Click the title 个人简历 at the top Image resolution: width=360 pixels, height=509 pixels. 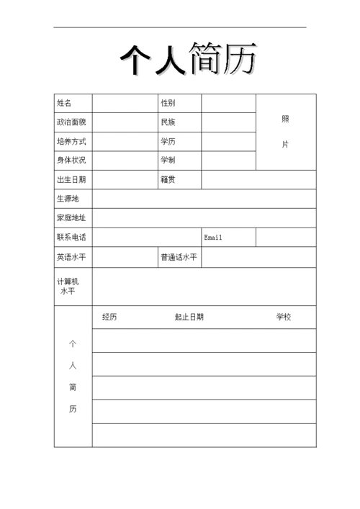[187, 59]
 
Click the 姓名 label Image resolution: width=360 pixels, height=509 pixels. [64, 104]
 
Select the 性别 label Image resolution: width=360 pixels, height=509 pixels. [168, 104]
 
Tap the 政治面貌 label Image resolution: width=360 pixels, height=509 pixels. [71, 122]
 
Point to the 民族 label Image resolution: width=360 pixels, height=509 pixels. [168, 122]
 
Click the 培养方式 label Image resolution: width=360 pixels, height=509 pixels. [71, 142]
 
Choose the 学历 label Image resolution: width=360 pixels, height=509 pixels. [168, 142]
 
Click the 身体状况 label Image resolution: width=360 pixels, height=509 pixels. [71, 161]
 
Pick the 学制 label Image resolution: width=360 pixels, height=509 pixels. [168, 161]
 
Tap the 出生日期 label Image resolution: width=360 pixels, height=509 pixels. [71, 180]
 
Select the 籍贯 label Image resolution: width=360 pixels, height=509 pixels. [168, 180]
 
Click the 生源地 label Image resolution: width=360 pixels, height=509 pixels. [68, 199]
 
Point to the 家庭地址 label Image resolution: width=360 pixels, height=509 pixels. [71, 218]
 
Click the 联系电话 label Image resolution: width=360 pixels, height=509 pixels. [71, 238]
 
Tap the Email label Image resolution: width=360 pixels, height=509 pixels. [214, 238]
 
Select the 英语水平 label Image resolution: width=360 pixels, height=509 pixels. [71, 257]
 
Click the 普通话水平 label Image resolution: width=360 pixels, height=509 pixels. [179, 257]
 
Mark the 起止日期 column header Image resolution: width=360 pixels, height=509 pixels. [189, 317]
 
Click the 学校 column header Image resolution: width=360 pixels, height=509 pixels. [284, 317]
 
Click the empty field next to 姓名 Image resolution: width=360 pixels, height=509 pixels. [125, 104]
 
